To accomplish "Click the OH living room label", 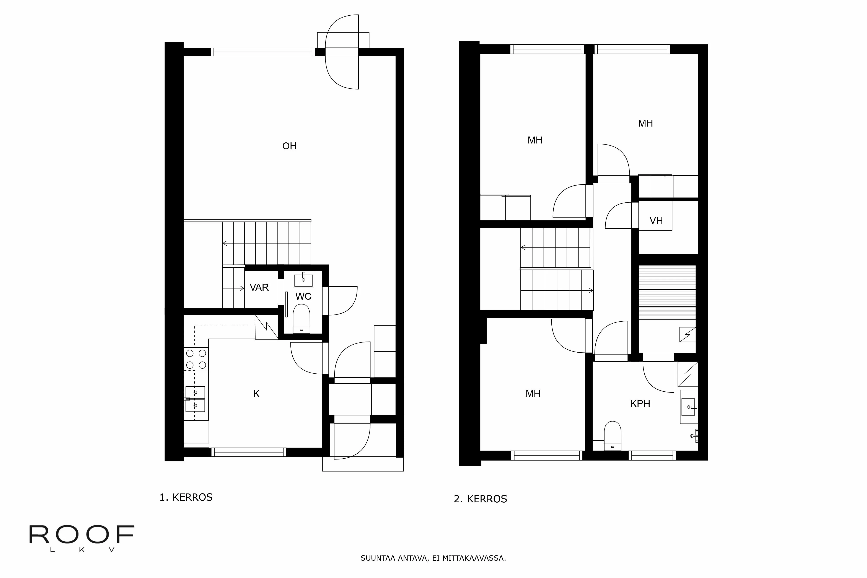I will point(289,146).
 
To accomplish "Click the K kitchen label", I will point(256,394).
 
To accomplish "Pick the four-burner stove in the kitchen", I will point(196,359).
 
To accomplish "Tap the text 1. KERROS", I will point(186,497).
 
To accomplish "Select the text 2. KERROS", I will point(480,499).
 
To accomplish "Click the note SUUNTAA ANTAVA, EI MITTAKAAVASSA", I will point(433,558).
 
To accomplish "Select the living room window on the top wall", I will point(263,52).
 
